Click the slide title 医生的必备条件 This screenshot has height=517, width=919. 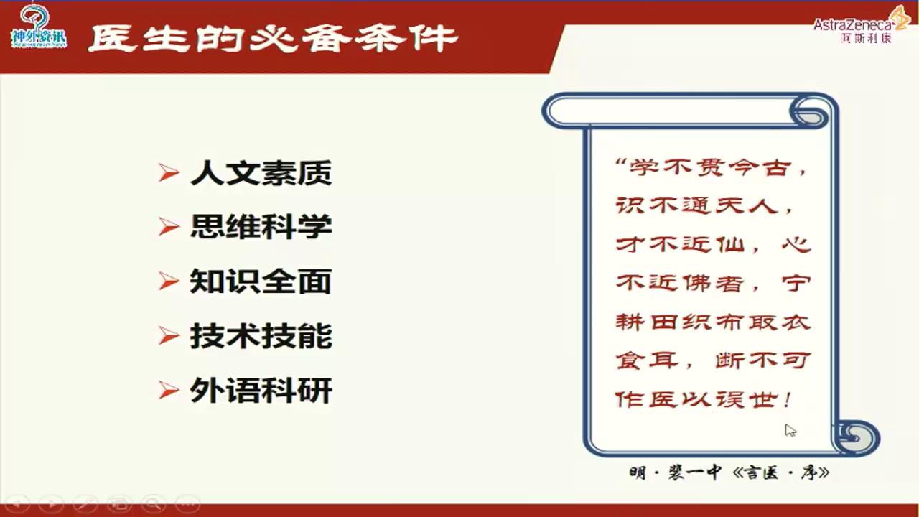pos(273,37)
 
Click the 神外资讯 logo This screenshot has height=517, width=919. pos(39,27)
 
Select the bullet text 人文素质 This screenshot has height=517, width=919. pos(261,173)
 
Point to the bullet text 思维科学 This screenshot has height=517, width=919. pos(261,227)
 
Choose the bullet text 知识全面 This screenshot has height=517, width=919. pos(261,281)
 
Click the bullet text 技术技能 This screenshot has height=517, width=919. pos(261,336)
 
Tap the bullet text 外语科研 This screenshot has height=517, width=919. pos(261,391)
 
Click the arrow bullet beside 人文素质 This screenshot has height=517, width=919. pos(169,173)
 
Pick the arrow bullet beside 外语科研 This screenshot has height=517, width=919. pos(169,391)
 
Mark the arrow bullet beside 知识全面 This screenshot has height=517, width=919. pos(169,281)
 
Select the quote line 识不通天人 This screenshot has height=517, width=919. pos(707,207)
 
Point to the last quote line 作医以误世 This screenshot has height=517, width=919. pos(704,399)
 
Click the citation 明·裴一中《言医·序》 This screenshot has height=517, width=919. pos(729,473)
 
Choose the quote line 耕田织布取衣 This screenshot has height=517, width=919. pos(713,322)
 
